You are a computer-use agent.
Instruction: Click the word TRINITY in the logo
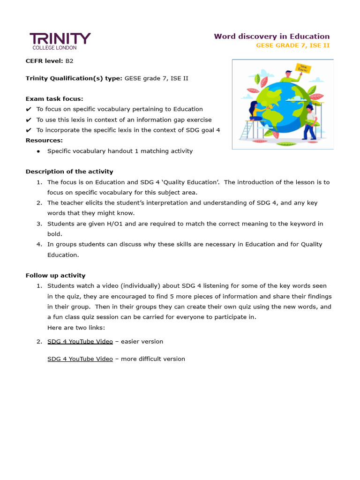pyautogui.click(x=60, y=38)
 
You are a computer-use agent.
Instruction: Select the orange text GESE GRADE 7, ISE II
pyautogui.click(x=292, y=45)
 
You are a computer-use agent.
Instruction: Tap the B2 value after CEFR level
pyautogui.click(x=69, y=60)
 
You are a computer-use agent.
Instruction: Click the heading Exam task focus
pyautogui.click(x=54, y=98)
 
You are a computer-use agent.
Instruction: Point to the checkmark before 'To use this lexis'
pyautogui.click(x=29, y=120)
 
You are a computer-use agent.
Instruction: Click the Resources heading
pyautogui.click(x=44, y=140)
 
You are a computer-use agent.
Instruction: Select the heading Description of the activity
pyautogui.click(x=69, y=172)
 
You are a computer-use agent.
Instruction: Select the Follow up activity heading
pyautogui.click(x=55, y=276)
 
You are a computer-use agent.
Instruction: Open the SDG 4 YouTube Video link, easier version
pyautogui.click(x=80, y=341)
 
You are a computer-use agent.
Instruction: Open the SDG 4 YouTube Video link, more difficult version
pyautogui.click(x=80, y=359)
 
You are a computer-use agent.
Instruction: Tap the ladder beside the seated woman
pyautogui.click(x=246, y=130)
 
